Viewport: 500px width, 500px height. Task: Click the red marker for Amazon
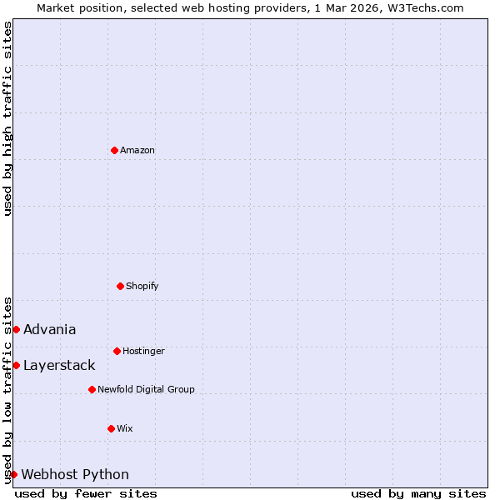click(x=114, y=150)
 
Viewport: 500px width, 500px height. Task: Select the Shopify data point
click(x=120, y=286)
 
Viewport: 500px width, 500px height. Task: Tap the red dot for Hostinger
click(x=117, y=351)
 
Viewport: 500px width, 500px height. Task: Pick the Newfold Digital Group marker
click(x=92, y=389)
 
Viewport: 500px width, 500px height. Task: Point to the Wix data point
click(x=111, y=428)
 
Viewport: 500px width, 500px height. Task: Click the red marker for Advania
click(x=16, y=329)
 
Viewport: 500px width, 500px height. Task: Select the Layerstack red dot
click(x=16, y=365)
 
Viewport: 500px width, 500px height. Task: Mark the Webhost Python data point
click(x=13, y=474)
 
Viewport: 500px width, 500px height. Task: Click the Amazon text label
click(x=137, y=150)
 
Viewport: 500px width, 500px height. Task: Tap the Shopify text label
click(x=142, y=286)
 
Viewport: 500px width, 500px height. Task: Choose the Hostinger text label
click(x=143, y=351)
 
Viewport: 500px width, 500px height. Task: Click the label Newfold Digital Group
click(x=146, y=389)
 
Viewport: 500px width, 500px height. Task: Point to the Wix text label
click(x=125, y=428)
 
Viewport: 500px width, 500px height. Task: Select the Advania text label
click(x=50, y=329)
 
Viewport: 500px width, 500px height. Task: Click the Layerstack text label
click(x=59, y=365)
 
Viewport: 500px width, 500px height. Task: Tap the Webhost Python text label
click(x=75, y=474)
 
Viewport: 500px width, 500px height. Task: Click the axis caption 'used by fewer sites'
click(x=86, y=493)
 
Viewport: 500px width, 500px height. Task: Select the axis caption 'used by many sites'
click(x=418, y=493)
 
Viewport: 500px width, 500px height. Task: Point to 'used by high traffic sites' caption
click(x=7, y=118)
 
